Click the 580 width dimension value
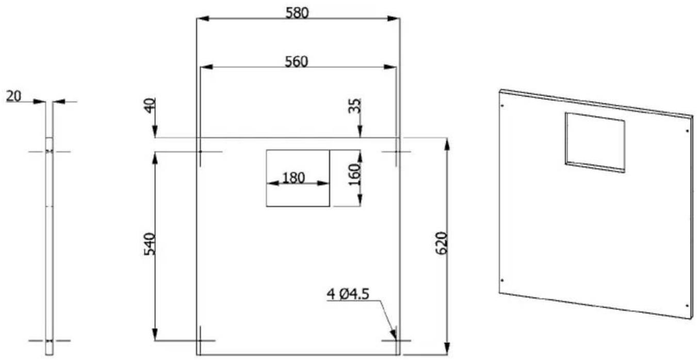tap(297, 13)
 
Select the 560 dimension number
tap(297, 61)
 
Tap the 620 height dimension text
tap(442, 243)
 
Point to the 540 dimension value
tap(150, 244)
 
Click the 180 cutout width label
tap(294, 178)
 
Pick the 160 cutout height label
tap(354, 174)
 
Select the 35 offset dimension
tap(354, 106)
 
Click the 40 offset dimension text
tap(150, 106)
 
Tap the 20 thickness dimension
tap(14, 96)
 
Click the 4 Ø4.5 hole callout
tap(348, 294)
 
